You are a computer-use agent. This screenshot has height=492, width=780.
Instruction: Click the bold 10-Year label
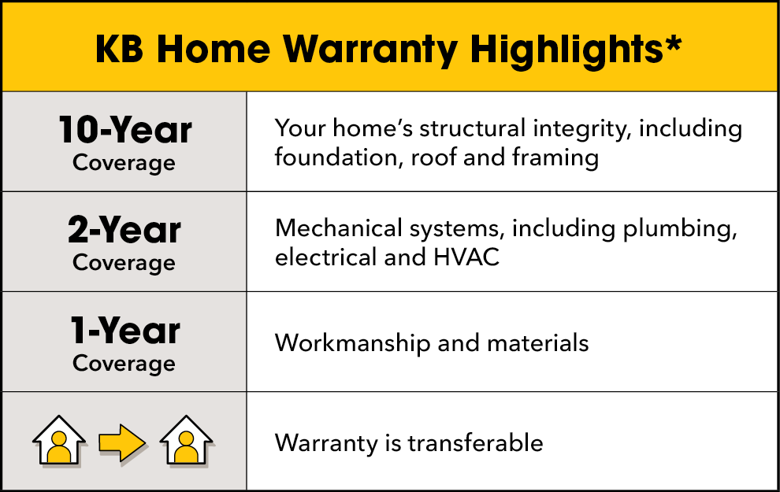click(x=124, y=130)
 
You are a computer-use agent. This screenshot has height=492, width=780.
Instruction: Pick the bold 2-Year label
click(x=124, y=230)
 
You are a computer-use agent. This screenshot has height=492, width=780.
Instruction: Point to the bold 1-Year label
click(x=124, y=331)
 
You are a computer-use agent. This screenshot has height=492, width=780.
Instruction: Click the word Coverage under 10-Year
click(x=124, y=163)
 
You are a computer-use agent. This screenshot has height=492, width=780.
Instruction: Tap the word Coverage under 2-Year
click(x=124, y=263)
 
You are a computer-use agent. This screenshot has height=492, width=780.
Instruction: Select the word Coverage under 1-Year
click(x=124, y=363)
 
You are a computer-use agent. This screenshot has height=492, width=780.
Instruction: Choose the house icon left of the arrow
click(x=58, y=441)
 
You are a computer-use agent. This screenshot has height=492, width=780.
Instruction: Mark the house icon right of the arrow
click(x=187, y=441)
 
